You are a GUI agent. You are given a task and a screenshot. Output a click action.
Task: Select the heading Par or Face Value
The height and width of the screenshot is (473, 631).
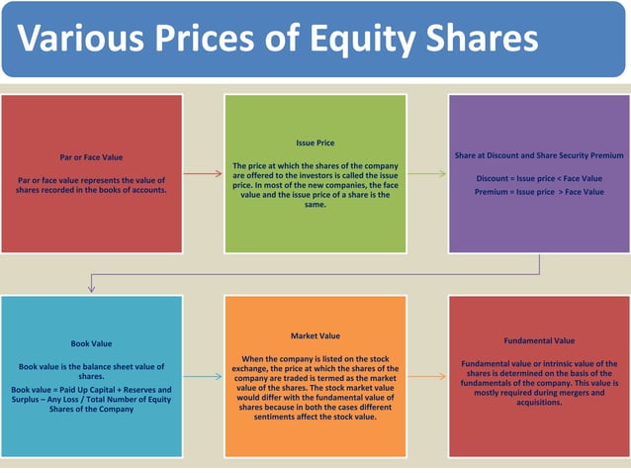click(92, 156)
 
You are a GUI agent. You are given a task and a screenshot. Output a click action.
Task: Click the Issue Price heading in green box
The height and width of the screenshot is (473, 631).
click(315, 142)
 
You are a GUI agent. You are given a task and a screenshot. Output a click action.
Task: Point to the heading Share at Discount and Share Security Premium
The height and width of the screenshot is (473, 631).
click(539, 155)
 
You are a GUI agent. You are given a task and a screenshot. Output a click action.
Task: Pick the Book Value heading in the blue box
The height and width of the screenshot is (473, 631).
click(91, 343)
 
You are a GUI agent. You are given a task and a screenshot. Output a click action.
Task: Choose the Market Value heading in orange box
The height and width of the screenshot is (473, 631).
click(315, 335)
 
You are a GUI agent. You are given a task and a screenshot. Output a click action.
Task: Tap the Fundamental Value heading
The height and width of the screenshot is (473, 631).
click(539, 340)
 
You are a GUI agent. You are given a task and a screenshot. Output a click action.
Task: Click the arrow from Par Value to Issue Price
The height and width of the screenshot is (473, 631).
click(203, 173)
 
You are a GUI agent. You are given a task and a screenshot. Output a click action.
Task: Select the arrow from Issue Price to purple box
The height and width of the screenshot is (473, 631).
click(426, 173)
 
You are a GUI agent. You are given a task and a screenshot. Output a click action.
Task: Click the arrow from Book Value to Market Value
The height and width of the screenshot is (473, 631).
click(203, 376)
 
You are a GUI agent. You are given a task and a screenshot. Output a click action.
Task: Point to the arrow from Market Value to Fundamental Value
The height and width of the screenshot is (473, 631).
click(426, 376)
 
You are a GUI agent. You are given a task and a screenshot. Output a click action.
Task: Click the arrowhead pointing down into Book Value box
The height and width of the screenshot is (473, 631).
click(91, 288)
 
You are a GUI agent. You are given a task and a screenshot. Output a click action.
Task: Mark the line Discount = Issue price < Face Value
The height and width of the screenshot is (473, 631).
click(539, 178)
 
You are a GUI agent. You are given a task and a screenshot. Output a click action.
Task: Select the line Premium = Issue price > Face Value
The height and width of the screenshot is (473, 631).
click(539, 191)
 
